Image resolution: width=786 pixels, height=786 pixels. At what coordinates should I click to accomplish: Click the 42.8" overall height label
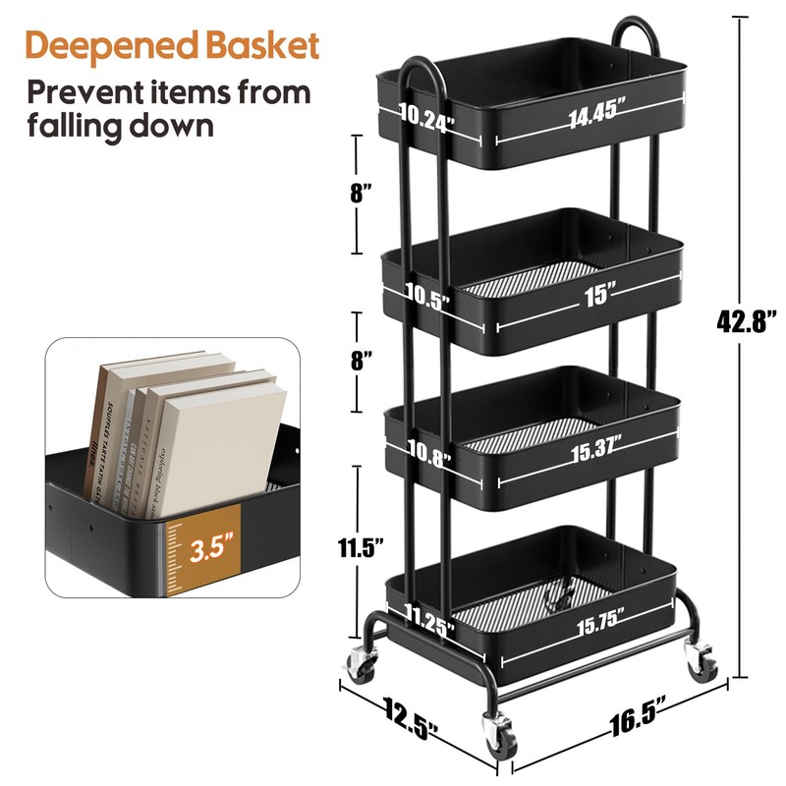(746, 320)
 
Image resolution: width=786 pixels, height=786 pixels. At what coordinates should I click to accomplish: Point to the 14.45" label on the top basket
(596, 111)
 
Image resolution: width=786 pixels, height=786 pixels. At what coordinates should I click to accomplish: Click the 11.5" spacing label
(356, 548)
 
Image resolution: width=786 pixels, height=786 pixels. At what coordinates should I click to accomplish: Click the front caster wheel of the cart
(497, 734)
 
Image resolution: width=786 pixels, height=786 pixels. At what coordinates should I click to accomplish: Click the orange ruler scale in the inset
(176, 556)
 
